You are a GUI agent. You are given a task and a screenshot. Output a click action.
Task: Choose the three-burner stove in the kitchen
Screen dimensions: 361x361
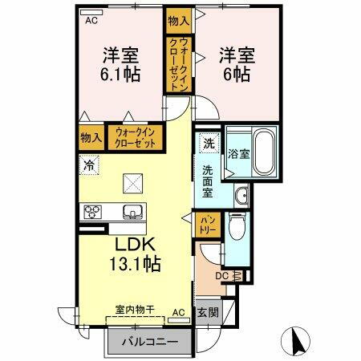tap(92, 213)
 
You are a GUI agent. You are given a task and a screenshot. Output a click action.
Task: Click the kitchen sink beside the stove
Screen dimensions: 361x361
tap(130, 213)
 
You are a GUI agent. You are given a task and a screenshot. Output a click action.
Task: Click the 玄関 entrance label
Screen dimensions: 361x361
tap(206, 312)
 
